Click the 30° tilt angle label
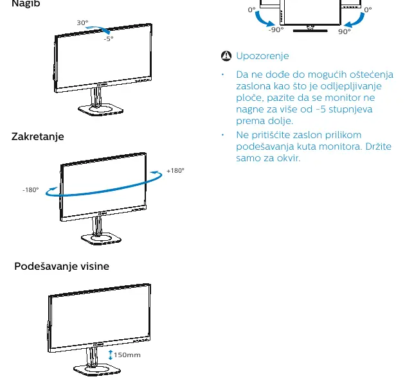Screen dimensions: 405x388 click(x=82, y=22)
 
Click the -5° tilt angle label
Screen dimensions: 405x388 click(x=109, y=39)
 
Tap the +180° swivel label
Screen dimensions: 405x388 click(x=175, y=171)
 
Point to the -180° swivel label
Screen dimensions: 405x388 click(x=31, y=190)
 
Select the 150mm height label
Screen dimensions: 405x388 click(x=127, y=355)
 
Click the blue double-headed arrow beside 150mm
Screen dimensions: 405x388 click(x=111, y=355)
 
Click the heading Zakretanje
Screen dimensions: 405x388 click(x=38, y=137)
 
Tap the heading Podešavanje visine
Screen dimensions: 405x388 click(x=62, y=266)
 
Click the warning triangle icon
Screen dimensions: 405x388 click(x=226, y=56)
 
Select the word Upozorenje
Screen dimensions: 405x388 click(x=262, y=56)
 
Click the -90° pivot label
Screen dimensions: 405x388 click(x=276, y=30)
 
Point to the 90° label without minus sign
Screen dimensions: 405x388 click(x=345, y=31)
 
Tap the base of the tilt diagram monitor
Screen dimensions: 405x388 click(x=100, y=109)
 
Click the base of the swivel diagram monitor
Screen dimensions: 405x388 click(x=101, y=239)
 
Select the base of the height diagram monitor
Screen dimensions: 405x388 click(x=97, y=370)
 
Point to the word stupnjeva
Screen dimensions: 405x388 click(x=350, y=109)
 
